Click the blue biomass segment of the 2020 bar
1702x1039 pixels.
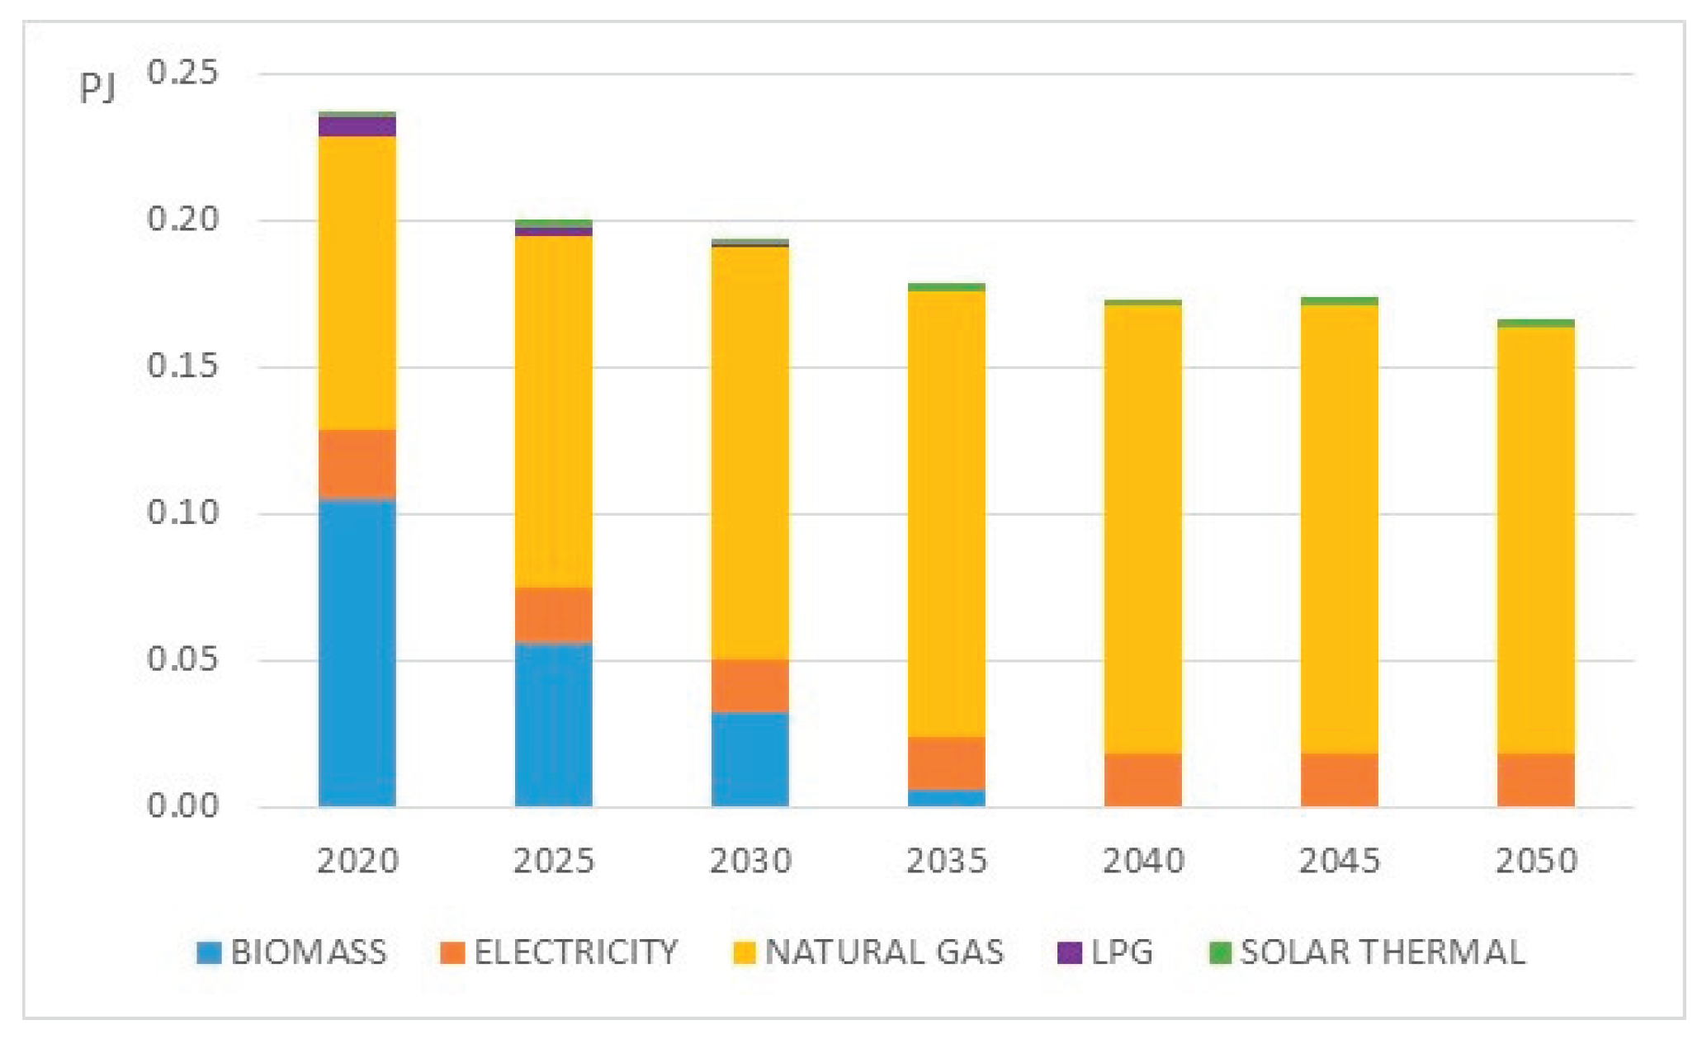click(x=357, y=652)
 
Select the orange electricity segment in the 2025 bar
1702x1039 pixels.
click(x=553, y=615)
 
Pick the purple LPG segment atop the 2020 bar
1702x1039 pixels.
click(x=357, y=126)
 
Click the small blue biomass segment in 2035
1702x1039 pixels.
click(x=946, y=798)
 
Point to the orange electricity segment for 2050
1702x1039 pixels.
click(x=1535, y=780)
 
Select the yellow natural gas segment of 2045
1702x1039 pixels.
click(x=1339, y=528)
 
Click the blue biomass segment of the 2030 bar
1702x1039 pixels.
click(x=749, y=759)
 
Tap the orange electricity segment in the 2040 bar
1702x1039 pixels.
click(x=1142, y=780)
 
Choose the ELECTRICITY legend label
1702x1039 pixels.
click(x=575, y=952)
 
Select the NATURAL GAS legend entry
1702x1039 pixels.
click(x=883, y=952)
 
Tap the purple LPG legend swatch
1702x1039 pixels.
click(x=1069, y=952)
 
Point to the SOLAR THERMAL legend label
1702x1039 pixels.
click(x=1383, y=952)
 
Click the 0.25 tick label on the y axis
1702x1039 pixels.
click(x=182, y=73)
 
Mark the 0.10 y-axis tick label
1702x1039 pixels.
click(x=182, y=512)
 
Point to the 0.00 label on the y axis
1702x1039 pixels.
click(x=182, y=805)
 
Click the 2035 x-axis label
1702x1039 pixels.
click(x=946, y=861)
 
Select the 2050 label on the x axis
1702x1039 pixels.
click(x=1535, y=861)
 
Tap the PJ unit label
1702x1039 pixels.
click(x=97, y=88)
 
